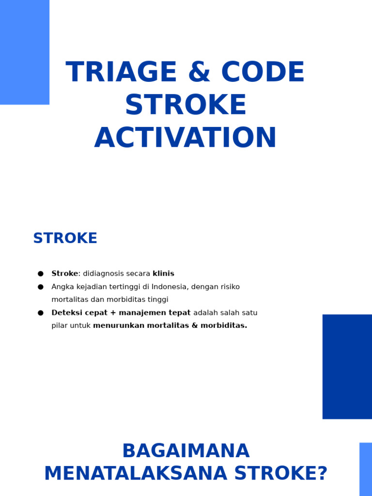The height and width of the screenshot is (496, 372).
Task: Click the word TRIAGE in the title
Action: click(x=122, y=73)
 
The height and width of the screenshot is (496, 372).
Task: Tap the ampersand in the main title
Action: click(x=200, y=73)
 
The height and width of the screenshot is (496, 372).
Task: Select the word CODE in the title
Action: click(x=263, y=73)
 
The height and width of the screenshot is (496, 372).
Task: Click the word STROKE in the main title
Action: click(x=186, y=105)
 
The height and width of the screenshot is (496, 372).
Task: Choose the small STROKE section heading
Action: click(x=65, y=238)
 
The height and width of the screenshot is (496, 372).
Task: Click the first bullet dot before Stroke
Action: click(x=41, y=274)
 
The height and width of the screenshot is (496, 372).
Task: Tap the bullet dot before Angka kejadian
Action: click(x=41, y=287)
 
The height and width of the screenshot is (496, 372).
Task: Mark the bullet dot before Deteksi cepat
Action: click(x=41, y=313)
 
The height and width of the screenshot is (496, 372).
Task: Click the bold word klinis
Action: click(x=163, y=274)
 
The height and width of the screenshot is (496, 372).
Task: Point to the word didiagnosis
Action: click(x=103, y=274)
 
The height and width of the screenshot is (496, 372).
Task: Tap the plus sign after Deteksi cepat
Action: click(x=113, y=313)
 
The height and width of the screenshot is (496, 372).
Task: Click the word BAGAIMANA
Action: click(x=186, y=451)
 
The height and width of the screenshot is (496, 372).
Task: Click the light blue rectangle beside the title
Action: click(x=24, y=52)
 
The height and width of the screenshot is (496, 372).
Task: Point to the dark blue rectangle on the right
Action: click(x=347, y=366)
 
